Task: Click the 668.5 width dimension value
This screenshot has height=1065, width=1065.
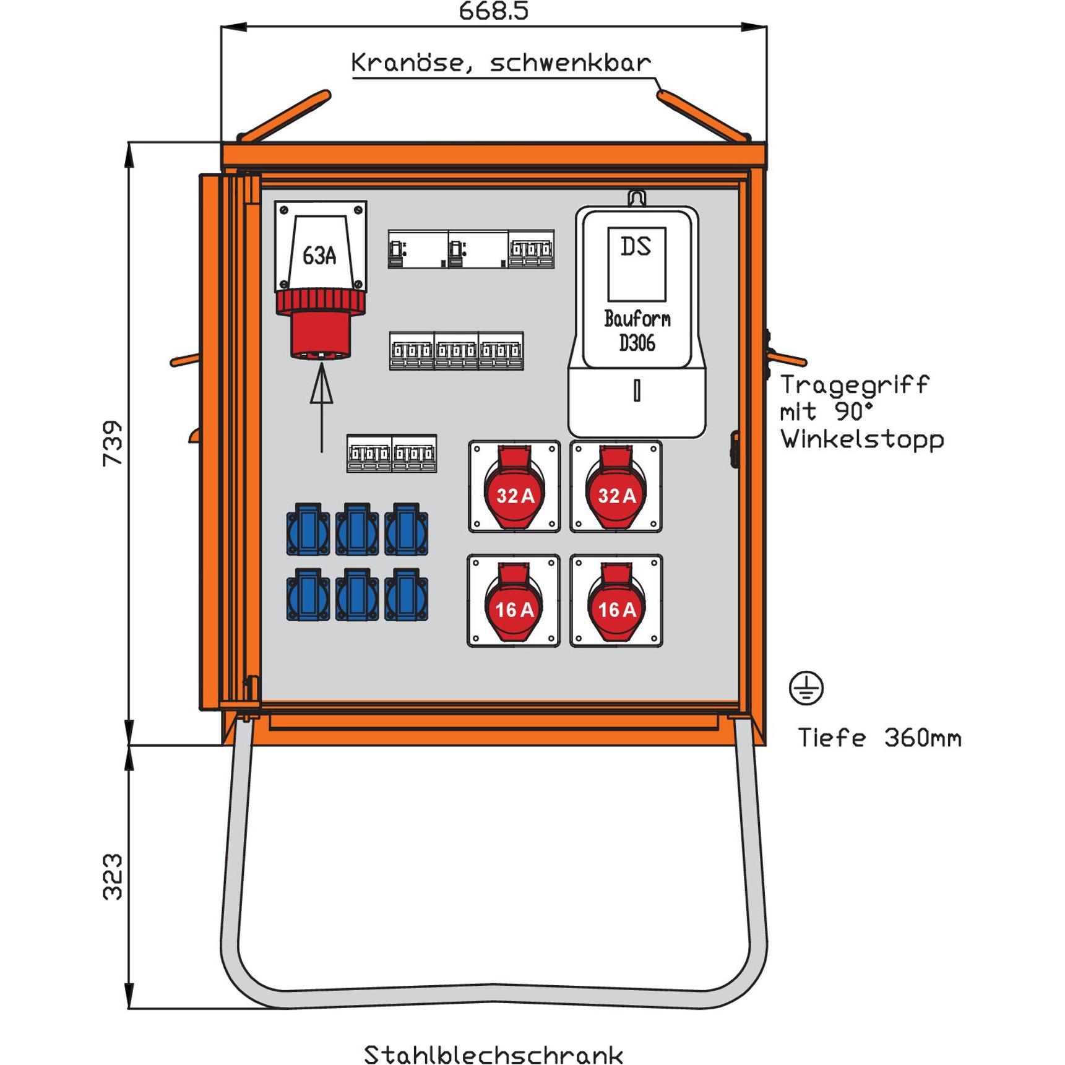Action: (x=493, y=11)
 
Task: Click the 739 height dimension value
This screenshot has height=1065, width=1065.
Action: (x=113, y=443)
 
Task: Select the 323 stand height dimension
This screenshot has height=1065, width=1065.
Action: (x=113, y=876)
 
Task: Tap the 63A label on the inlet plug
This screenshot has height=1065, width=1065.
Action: (x=319, y=255)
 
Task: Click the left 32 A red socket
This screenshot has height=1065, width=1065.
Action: (x=514, y=488)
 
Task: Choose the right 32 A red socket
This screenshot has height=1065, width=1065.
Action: (x=616, y=488)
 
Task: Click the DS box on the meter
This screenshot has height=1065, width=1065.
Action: (x=637, y=264)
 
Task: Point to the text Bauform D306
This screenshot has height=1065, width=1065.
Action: (x=637, y=331)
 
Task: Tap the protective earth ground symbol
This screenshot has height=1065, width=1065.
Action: (x=806, y=688)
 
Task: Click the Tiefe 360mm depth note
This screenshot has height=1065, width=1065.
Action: (x=879, y=738)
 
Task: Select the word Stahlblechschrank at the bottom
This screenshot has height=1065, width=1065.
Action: (x=493, y=1055)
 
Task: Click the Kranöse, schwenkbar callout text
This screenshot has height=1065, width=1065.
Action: (x=501, y=63)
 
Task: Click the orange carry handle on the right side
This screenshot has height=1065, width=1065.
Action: (x=787, y=358)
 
